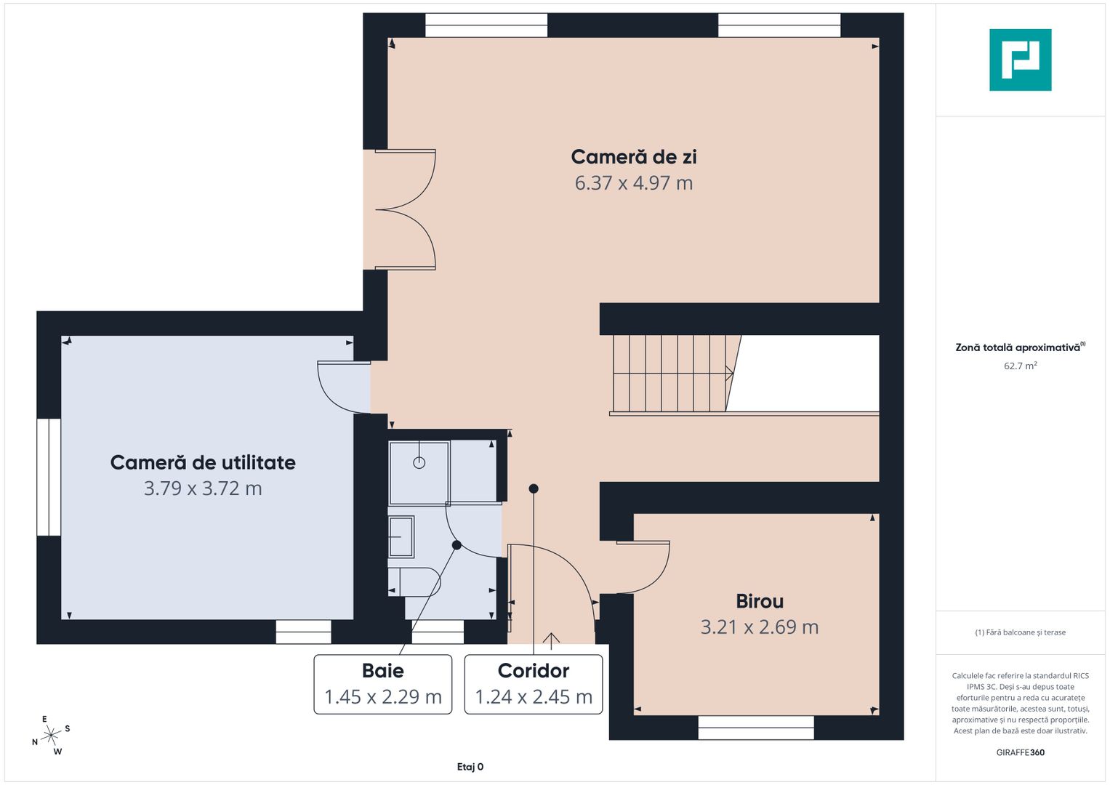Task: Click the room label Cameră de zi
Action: [x=633, y=157]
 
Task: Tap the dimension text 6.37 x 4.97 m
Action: [x=633, y=183]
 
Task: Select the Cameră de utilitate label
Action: [x=203, y=463]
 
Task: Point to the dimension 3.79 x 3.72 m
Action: [x=203, y=488]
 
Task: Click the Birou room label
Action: [x=760, y=602]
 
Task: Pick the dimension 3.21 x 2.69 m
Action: [x=760, y=627]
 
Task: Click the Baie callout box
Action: [x=383, y=684]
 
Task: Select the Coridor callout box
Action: [x=534, y=684]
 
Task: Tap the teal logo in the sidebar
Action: [x=1020, y=60]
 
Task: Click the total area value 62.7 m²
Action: [x=1020, y=366]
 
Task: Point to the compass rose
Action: [x=51, y=736]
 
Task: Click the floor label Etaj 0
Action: [x=470, y=767]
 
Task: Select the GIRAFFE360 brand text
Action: [x=1020, y=752]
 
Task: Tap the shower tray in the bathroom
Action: [x=419, y=472]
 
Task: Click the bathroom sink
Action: [x=401, y=536]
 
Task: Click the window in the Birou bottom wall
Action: [x=755, y=728]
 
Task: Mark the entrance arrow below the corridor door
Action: [x=551, y=641]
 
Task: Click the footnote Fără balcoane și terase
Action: [x=1020, y=632]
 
